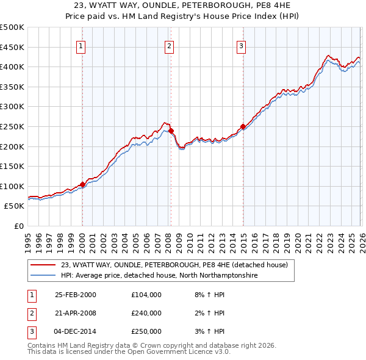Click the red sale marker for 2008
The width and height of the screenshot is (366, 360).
pos(171,131)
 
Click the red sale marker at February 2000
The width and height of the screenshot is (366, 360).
pos(82,184)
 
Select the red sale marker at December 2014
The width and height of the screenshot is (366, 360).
pos(243,126)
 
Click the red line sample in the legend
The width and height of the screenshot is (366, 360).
pos(43,265)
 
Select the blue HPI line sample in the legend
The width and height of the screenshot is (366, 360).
pos(43,276)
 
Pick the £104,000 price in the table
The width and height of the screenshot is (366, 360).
pos(146,295)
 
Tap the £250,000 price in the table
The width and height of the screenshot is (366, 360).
pos(146,331)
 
